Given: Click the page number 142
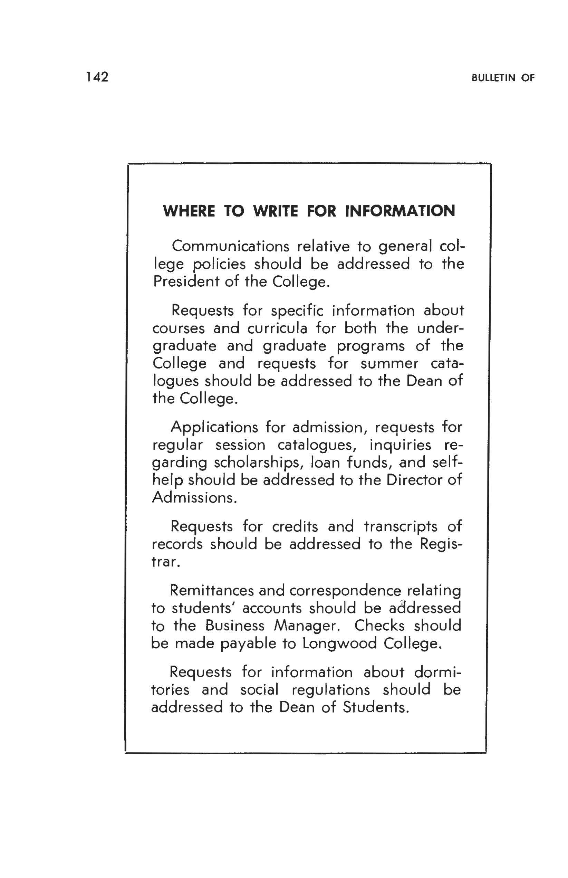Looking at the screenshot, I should pyautogui.click(x=97, y=77).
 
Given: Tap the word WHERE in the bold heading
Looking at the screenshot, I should pyautogui.click(x=189, y=211).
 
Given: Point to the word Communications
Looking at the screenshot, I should pyautogui.click(x=231, y=246).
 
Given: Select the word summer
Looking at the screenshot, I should pyautogui.click(x=389, y=363).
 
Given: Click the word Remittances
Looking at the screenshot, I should pyautogui.click(x=212, y=591).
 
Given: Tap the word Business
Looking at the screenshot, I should pyautogui.click(x=234, y=626).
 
